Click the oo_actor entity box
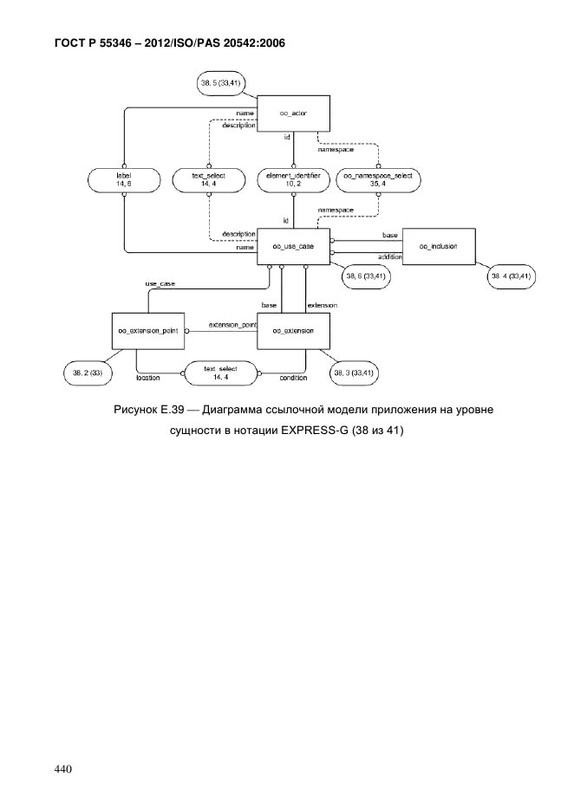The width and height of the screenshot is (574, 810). [293, 113]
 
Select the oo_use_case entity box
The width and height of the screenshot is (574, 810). [293, 246]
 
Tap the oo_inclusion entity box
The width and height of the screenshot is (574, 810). [439, 246]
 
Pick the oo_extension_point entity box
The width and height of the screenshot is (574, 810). [148, 331]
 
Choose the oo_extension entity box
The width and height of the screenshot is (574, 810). [293, 331]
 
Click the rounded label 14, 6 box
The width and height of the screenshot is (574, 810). [124, 180]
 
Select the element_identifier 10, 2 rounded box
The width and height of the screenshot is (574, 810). [293, 180]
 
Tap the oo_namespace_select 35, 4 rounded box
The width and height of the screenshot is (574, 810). [378, 180]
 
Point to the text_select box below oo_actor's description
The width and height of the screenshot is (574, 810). [208, 180]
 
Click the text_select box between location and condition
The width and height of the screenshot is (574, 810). [220, 373]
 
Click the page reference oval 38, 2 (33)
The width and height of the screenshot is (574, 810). [87, 373]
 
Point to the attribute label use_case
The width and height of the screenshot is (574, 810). [160, 283]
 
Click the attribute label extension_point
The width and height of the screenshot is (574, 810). [232, 325]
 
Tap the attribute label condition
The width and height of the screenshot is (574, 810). [293, 378]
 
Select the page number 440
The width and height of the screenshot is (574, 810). [63, 769]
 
